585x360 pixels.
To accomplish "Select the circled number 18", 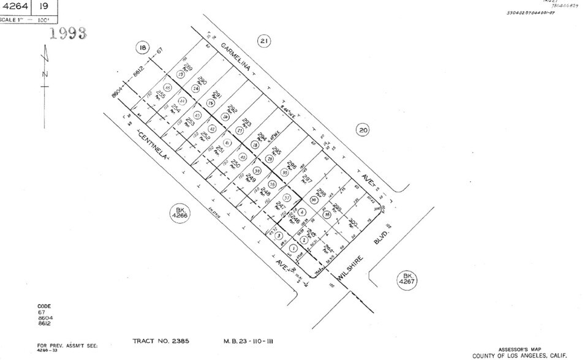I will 143,48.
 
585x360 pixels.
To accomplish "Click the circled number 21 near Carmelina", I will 264,42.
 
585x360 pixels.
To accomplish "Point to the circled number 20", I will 363,129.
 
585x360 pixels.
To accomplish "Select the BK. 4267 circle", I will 405,279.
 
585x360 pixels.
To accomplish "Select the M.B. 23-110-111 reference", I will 247,340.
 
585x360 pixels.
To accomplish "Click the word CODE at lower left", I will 44,306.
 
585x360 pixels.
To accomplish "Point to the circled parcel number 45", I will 168,88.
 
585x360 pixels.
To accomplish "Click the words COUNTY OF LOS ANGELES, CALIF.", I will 519,355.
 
